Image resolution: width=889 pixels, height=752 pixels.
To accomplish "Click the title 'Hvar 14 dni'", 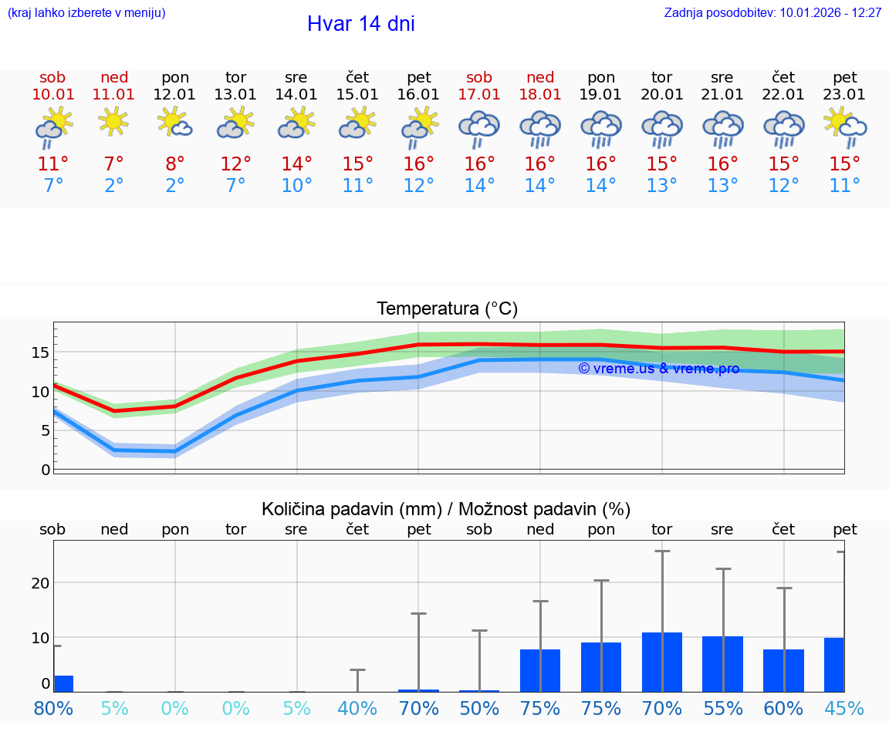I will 360,24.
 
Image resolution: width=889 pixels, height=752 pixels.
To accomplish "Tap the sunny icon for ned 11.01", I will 114,122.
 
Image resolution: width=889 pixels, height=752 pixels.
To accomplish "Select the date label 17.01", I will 479,95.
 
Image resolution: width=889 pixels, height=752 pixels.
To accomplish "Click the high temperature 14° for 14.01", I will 296,164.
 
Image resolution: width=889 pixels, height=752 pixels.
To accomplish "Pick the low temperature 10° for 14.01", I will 296,186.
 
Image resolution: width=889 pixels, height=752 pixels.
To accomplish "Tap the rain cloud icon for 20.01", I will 661,128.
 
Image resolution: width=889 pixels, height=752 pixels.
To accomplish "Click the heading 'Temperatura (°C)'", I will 447,309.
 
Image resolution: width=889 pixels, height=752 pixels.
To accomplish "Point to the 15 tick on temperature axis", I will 40,352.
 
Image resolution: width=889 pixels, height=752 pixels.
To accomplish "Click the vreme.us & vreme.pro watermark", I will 658,369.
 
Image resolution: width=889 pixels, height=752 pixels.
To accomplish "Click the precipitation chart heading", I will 446,509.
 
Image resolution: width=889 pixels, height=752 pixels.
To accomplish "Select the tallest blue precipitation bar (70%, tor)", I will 661,662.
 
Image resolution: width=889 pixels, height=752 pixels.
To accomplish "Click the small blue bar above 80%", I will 63,683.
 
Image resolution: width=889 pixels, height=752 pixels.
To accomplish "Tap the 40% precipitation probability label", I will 357,708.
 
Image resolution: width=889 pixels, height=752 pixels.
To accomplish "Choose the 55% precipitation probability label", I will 722,708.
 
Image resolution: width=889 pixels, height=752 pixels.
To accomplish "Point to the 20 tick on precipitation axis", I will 40,583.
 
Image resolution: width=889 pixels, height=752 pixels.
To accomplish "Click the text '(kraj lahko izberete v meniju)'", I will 86,13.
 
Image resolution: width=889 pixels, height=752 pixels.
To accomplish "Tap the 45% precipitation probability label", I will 844,708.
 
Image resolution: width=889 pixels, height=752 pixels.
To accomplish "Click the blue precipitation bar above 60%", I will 783,670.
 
